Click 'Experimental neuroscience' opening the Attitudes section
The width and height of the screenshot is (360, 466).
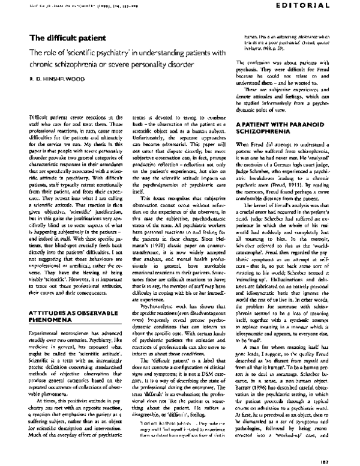coord(56,322)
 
